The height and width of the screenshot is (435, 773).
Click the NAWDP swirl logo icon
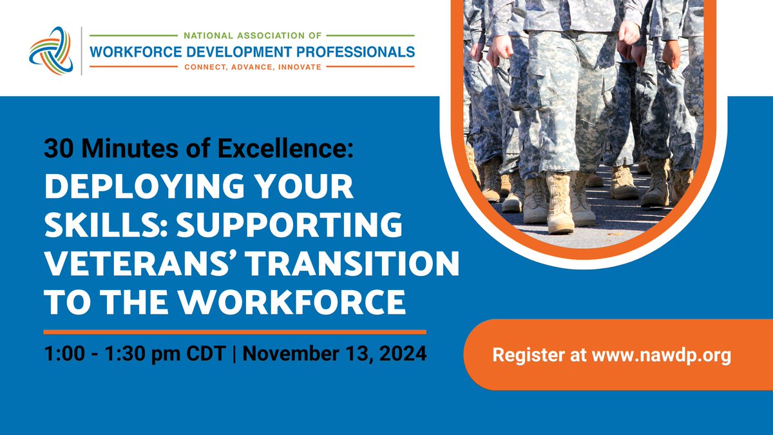coord(51,51)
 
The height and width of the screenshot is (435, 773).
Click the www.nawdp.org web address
coord(661,355)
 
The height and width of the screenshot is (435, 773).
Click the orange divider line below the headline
coord(234,332)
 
